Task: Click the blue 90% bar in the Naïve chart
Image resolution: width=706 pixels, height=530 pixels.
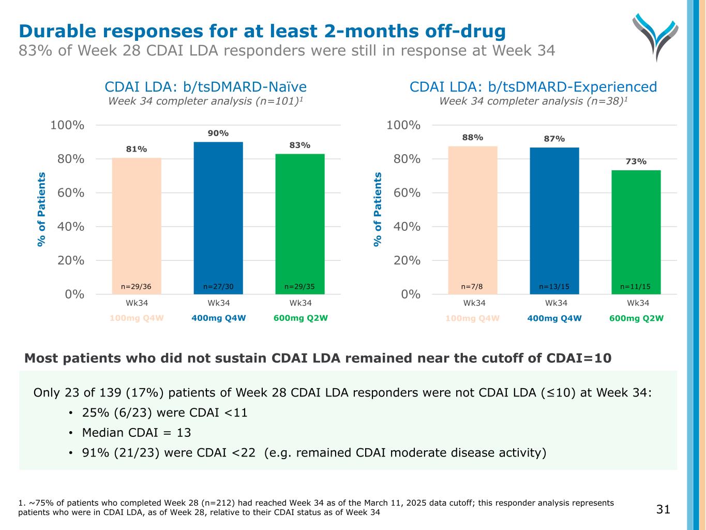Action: (218, 217)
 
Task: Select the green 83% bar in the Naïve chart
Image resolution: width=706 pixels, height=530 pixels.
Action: (300, 223)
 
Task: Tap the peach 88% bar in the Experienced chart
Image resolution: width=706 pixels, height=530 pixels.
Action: (473, 217)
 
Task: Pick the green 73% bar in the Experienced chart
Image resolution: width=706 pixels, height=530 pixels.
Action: (636, 230)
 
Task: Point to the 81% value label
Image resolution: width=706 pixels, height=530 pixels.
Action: (137, 149)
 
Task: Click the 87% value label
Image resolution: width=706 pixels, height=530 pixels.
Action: (554, 139)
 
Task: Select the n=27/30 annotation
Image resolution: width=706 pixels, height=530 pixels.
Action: (218, 286)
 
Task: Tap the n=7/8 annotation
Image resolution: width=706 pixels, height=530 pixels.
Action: (473, 286)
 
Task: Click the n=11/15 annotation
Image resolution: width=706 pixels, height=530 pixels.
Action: (636, 286)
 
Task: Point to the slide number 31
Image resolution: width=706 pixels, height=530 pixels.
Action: (663, 509)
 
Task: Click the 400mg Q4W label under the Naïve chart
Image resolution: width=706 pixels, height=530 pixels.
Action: (218, 318)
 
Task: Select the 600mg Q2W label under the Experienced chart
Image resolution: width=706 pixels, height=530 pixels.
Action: (636, 318)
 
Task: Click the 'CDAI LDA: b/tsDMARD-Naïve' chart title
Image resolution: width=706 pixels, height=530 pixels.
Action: (205, 86)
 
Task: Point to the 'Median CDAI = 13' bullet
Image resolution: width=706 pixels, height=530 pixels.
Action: (137, 433)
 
